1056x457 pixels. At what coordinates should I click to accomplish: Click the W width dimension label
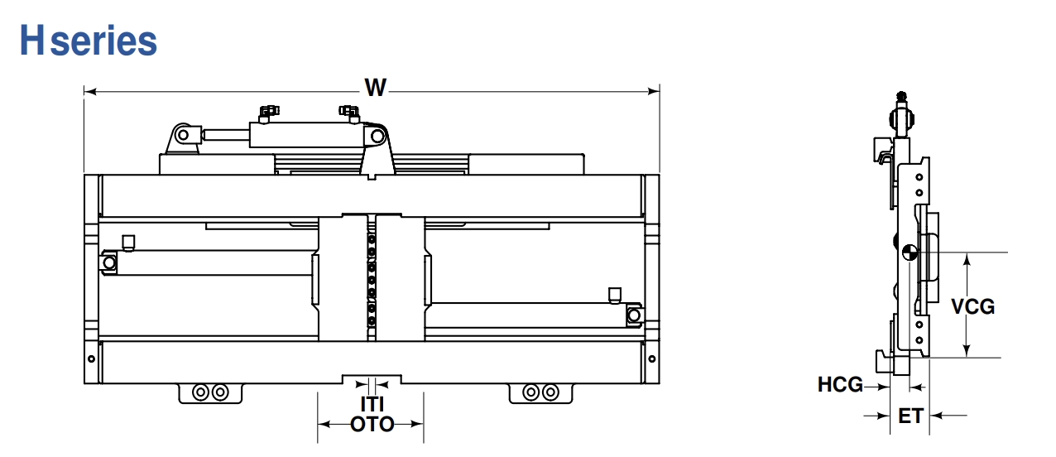coord(375,88)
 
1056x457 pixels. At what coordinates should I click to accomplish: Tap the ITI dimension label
coord(372,404)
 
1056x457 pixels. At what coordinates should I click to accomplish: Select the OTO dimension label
coord(372,425)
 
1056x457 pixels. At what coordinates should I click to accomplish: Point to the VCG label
coord(973,307)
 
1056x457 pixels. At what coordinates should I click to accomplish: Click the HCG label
coord(840,385)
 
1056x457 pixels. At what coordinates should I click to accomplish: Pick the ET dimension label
coord(910,416)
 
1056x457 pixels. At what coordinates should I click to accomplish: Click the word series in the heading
coord(103,42)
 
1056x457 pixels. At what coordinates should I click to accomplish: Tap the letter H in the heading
coord(32,40)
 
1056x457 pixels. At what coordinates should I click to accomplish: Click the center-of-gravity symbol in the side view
coord(910,253)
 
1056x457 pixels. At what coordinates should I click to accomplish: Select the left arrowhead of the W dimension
coord(89,92)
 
